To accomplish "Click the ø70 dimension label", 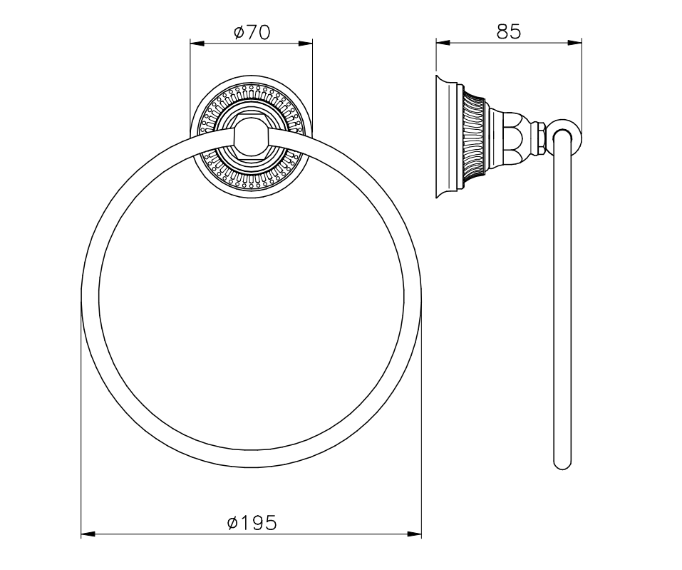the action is click(x=252, y=32).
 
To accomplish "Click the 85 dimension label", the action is click(x=508, y=31).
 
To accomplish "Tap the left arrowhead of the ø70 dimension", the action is click(x=197, y=43).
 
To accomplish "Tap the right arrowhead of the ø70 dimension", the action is click(x=305, y=43).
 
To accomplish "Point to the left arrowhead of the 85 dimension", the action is click(x=443, y=42).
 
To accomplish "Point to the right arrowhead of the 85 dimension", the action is click(x=574, y=42).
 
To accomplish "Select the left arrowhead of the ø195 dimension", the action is click(x=88, y=534).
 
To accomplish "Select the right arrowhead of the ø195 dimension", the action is click(x=414, y=534).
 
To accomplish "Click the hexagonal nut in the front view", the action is click(x=252, y=137).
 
